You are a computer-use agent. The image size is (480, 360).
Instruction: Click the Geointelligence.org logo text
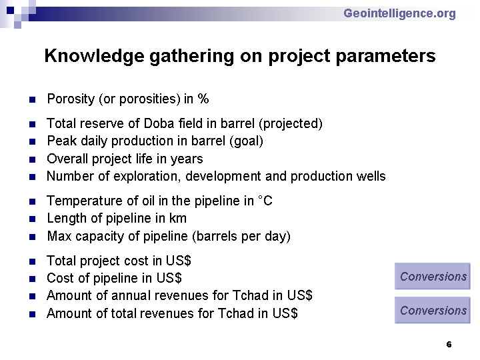(x=399, y=14)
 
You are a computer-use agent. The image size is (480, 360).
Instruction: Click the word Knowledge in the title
(x=94, y=56)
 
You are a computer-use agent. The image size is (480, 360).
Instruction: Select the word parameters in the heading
(x=386, y=57)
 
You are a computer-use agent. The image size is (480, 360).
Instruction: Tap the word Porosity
(x=71, y=99)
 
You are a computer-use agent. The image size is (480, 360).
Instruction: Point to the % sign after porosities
(x=203, y=99)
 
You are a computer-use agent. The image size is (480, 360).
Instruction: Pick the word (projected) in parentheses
(x=291, y=124)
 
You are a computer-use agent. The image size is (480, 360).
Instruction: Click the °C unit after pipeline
(x=265, y=201)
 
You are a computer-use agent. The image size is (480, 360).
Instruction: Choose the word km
(x=178, y=218)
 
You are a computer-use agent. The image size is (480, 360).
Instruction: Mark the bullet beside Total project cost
(x=33, y=262)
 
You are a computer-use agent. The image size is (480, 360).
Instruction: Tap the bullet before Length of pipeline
(x=33, y=219)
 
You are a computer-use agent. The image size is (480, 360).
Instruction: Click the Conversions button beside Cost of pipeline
(x=433, y=276)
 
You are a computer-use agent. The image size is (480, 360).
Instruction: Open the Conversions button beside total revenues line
(x=433, y=310)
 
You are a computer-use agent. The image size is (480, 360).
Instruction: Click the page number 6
(x=449, y=345)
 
